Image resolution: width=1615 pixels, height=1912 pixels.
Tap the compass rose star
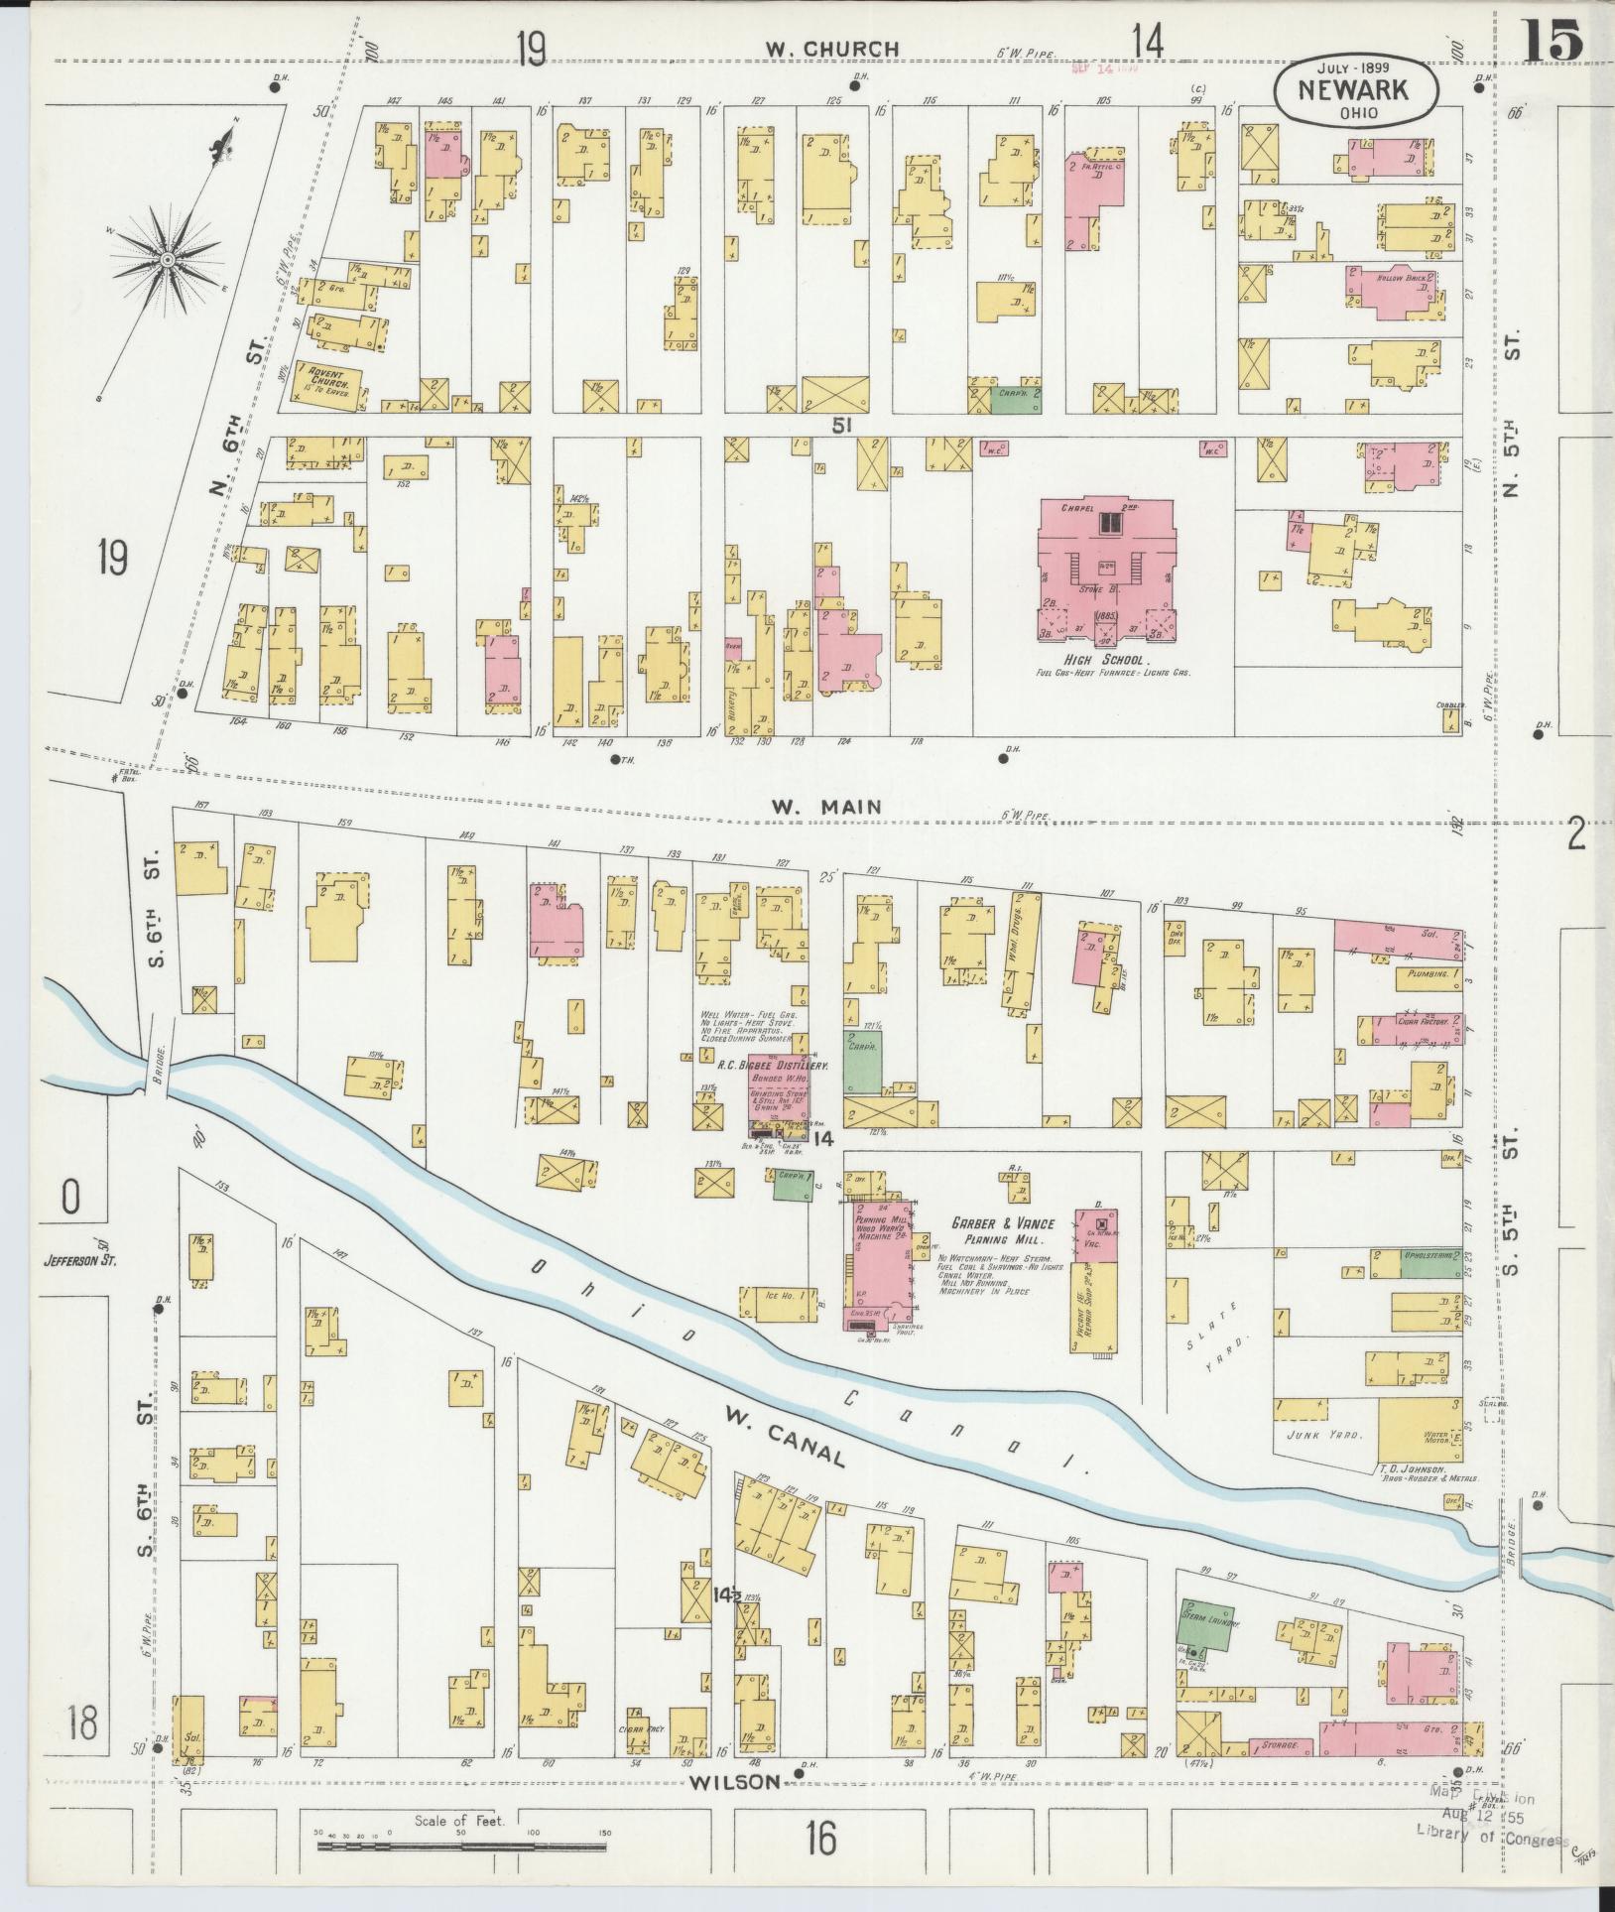pos(168,260)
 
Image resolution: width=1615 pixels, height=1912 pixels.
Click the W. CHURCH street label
pos(832,49)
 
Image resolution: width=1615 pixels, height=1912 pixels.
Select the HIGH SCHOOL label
pos(1104,660)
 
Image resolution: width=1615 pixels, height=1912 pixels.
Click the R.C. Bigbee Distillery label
pos(772,1065)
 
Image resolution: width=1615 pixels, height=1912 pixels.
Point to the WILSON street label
pos(751,1782)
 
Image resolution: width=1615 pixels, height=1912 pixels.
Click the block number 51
pos(842,425)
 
